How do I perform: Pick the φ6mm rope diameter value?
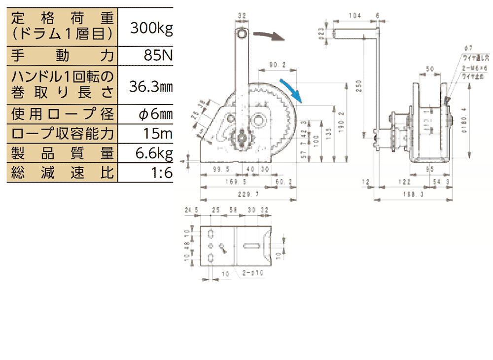pyautogui.click(x=155, y=115)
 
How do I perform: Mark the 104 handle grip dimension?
pyautogui.click(x=353, y=16)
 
